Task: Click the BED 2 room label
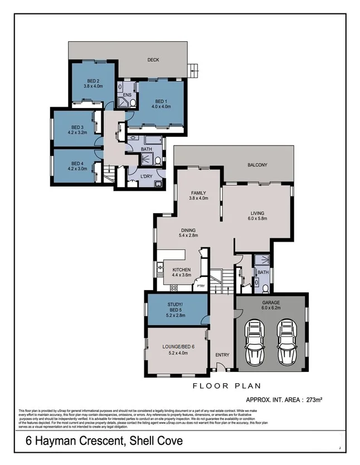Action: click(x=93, y=80)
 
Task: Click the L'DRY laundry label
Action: click(x=147, y=177)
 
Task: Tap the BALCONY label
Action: click(x=258, y=165)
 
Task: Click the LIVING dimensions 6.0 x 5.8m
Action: click(x=257, y=219)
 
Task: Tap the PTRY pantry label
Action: click(x=201, y=286)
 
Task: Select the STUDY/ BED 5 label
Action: click(x=176, y=306)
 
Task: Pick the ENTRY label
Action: click(x=222, y=355)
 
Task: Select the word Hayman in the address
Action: click(x=65, y=442)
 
